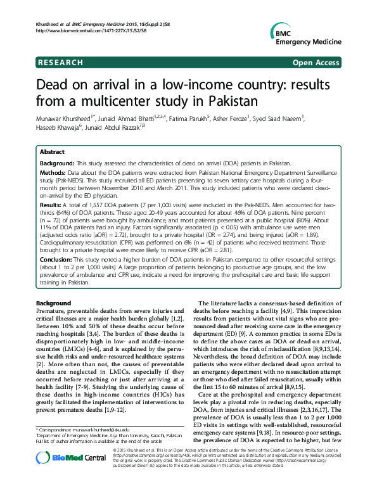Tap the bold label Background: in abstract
point(58,163)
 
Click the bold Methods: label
point(54,172)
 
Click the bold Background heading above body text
point(53,304)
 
